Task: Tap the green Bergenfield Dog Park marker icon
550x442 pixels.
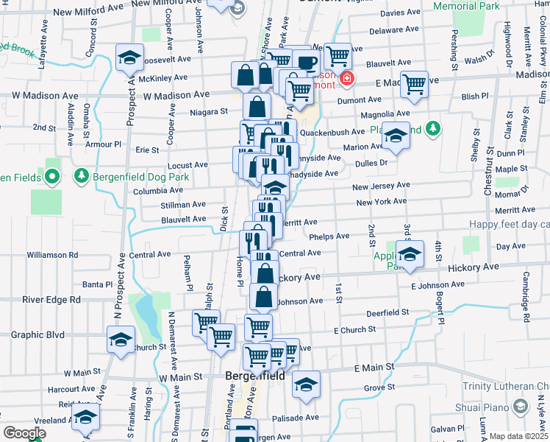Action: coord(81,177)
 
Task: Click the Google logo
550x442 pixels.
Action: coord(24,433)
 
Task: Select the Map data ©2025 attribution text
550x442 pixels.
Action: coord(518,436)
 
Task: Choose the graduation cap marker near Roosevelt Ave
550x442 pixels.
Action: coord(129,57)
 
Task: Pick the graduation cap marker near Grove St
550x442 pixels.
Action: coord(306,384)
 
